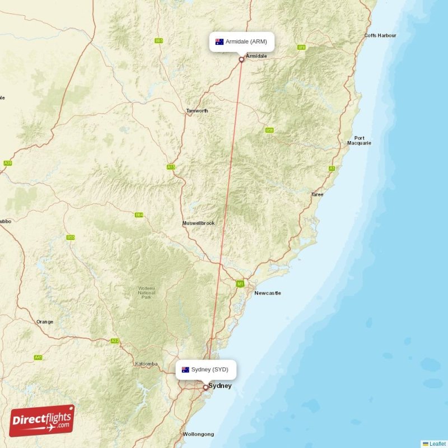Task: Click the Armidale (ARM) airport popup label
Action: (242, 42)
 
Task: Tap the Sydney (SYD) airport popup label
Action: (206, 370)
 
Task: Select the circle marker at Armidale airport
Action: (241, 59)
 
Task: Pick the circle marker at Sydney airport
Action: (206, 386)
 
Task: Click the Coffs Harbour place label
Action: (380, 35)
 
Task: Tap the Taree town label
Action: (318, 194)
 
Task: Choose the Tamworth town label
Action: (197, 111)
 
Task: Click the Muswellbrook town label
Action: (198, 223)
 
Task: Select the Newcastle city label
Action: (268, 293)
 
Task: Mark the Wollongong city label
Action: (198, 434)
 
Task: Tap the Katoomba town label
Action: (147, 364)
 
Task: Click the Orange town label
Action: (45, 321)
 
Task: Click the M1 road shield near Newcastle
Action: (240, 284)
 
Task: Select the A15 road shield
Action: (171, 167)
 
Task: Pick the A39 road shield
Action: (8, 163)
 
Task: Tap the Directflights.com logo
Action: (42, 421)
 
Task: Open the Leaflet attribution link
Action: (437, 444)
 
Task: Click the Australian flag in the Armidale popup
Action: (220, 42)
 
